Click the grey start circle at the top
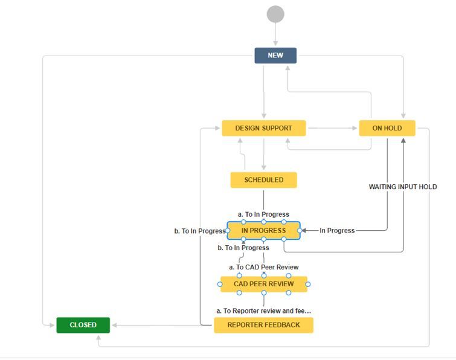pyautogui.click(x=275, y=14)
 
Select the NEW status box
pyautogui.click(x=275, y=56)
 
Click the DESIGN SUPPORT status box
pyautogui.click(x=263, y=128)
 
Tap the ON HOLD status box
pyautogui.click(x=387, y=128)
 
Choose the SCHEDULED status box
pyautogui.click(x=263, y=180)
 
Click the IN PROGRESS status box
pyautogui.click(x=263, y=231)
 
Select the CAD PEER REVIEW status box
pyautogui.click(x=263, y=284)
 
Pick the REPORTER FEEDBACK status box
pyautogui.click(x=263, y=325)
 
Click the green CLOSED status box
pyautogui.click(x=83, y=325)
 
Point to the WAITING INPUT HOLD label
pyautogui.click(x=403, y=187)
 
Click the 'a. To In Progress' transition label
pyautogui.click(x=263, y=214)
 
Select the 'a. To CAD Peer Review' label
pyautogui.click(x=263, y=267)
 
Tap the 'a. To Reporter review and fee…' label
pyautogui.click(x=263, y=310)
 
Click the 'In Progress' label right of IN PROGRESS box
pyautogui.click(x=337, y=231)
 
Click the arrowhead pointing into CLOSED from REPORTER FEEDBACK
pyautogui.click(x=115, y=325)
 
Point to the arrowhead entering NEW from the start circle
pyautogui.click(x=275, y=44)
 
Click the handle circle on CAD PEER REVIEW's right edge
pyautogui.click(x=307, y=284)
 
